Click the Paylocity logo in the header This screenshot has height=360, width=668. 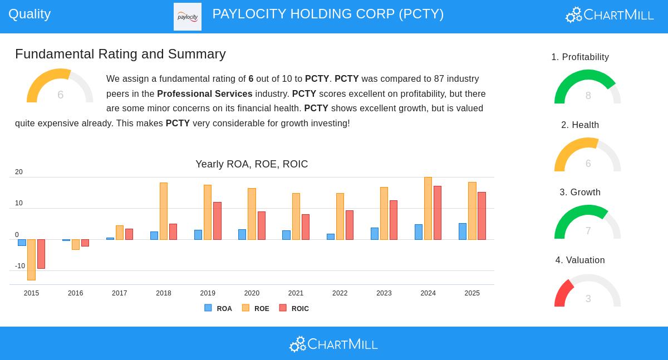188,17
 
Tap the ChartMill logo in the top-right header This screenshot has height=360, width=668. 610,15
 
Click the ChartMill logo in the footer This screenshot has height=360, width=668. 333,344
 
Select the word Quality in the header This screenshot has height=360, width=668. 30,14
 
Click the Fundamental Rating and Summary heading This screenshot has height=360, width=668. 120,54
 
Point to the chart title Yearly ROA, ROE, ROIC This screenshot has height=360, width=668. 252,164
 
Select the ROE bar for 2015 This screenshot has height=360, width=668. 31,259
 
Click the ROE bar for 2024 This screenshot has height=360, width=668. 428,209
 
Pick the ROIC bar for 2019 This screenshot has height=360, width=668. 217,221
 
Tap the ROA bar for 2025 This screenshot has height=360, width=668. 463,231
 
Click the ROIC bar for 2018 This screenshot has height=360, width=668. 173,231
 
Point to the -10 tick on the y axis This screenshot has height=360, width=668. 20,266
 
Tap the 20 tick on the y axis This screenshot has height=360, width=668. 19,172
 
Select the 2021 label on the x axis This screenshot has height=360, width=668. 296,293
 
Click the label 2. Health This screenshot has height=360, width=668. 580,125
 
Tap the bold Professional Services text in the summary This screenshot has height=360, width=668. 204,94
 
